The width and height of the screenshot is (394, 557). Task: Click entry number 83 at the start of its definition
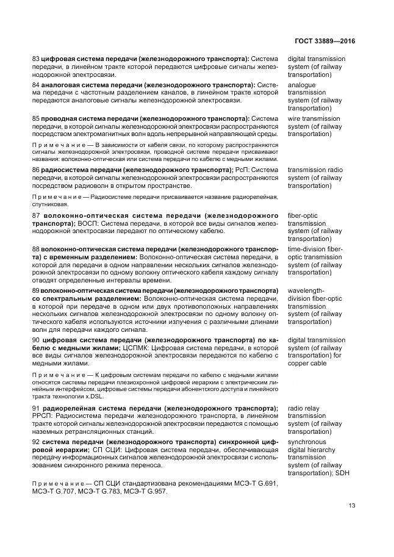35,59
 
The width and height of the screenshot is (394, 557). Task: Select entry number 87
36,216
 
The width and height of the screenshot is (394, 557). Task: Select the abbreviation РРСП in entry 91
45,416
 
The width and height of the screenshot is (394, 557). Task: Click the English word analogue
302,85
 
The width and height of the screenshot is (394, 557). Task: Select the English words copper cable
307,364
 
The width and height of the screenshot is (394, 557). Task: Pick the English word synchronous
307,442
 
